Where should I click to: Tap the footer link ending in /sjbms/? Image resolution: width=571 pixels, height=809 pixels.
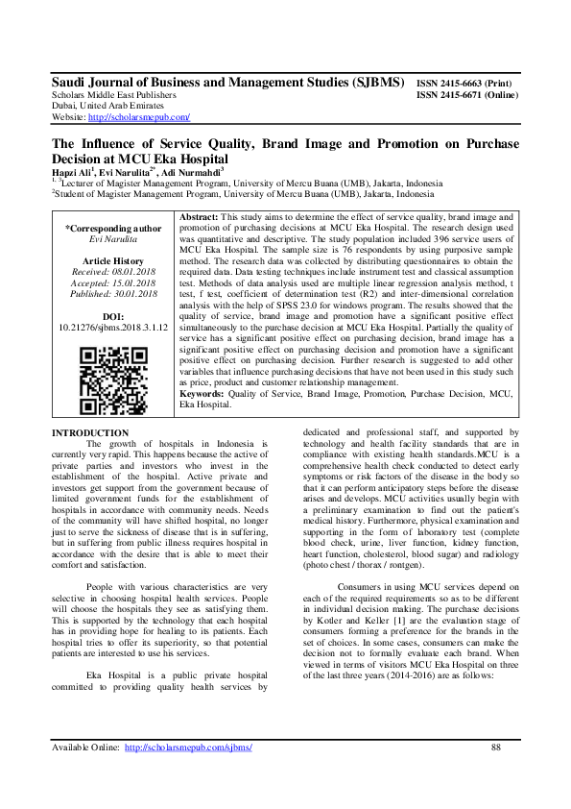188,747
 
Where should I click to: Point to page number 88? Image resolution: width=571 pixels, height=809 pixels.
495,747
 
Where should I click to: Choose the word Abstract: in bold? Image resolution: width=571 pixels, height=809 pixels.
200,218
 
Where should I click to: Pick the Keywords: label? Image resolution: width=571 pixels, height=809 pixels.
202,420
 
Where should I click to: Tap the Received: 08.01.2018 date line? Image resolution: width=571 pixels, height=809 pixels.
113,272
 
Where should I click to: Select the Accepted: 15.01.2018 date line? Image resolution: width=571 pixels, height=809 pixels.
113,283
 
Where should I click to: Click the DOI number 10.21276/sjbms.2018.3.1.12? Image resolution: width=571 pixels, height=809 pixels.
113,328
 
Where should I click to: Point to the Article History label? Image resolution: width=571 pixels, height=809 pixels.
113,260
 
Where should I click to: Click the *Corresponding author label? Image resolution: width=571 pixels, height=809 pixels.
113,228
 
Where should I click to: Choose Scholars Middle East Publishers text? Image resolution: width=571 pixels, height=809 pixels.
113,96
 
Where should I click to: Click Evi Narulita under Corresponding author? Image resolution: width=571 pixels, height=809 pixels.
113,239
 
